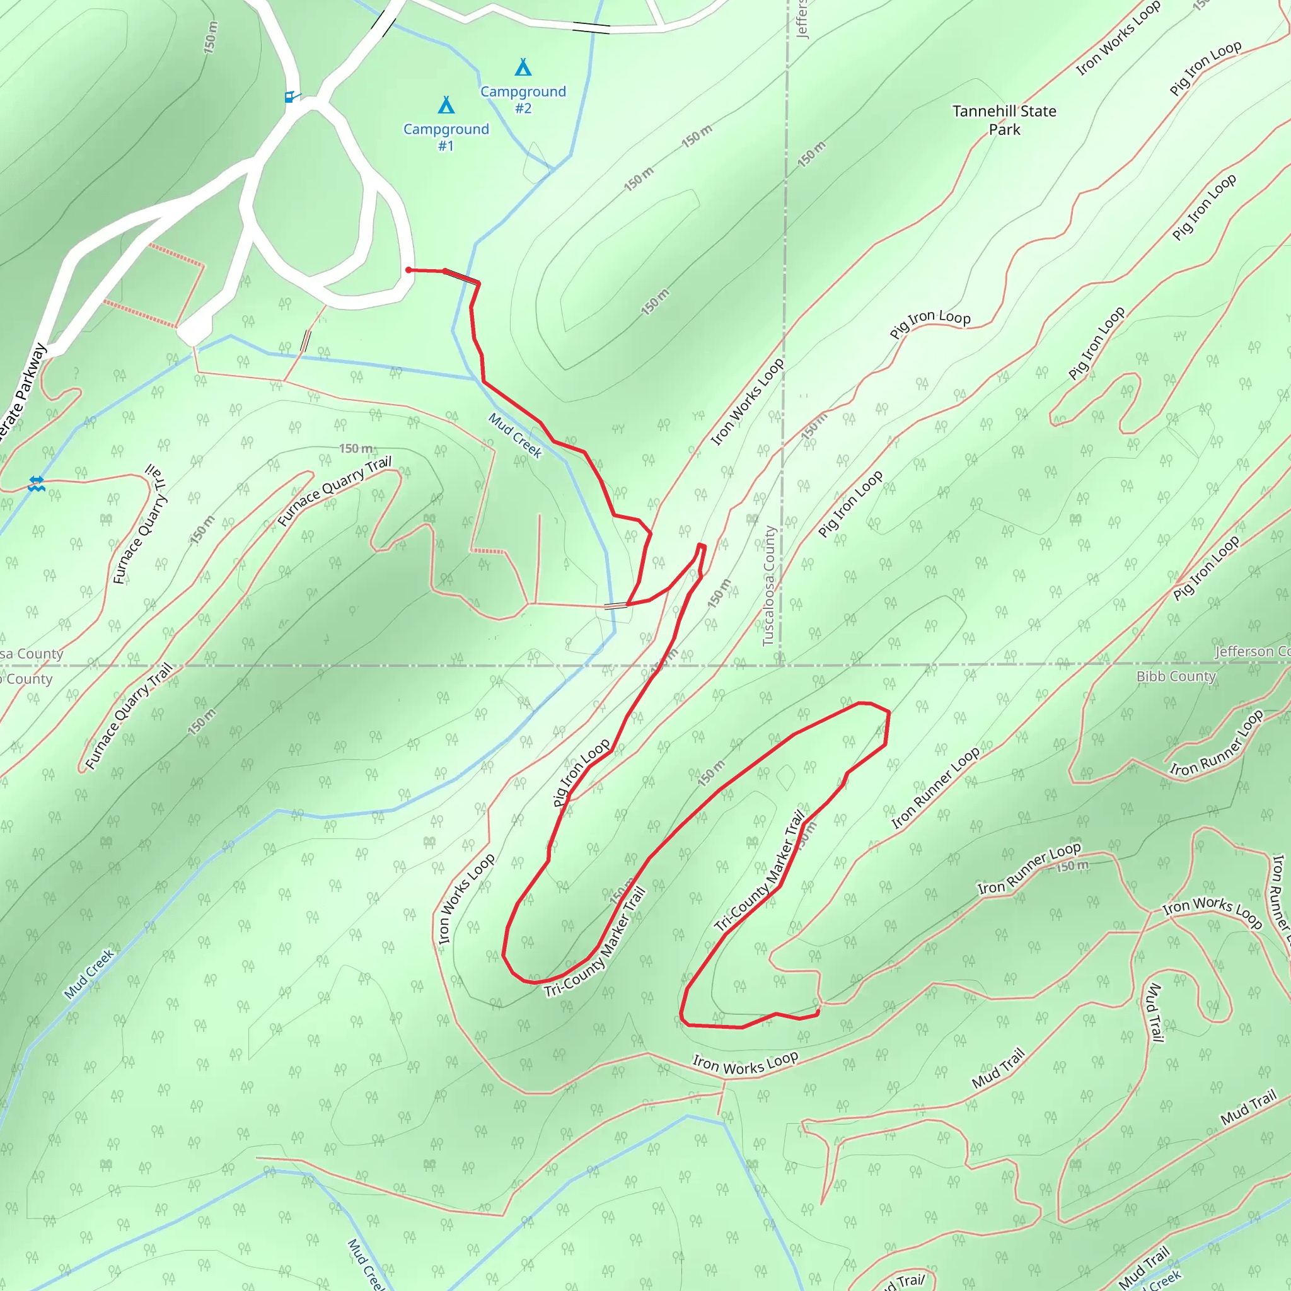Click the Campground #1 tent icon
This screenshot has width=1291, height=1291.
pos(446,105)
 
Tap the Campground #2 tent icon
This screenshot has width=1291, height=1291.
pos(523,67)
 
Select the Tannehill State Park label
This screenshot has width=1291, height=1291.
pos(1004,120)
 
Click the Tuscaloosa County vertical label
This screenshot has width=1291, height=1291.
pos(769,586)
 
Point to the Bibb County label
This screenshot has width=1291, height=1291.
pos(1176,676)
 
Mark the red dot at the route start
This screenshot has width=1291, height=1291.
pos(408,270)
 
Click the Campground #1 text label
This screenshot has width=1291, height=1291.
pos(446,137)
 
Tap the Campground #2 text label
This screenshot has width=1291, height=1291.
pos(523,100)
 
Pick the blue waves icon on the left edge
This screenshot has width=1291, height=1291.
pos(36,483)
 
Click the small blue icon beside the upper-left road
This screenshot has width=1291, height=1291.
pos(289,97)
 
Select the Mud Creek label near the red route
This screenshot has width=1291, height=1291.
pos(515,435)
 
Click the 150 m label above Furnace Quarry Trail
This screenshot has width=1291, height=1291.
pos(356,448)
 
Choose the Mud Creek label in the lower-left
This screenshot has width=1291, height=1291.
pos(90,975)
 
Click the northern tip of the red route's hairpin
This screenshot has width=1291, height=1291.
pos(701,546)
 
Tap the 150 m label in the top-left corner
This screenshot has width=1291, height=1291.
pos(211,37)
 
